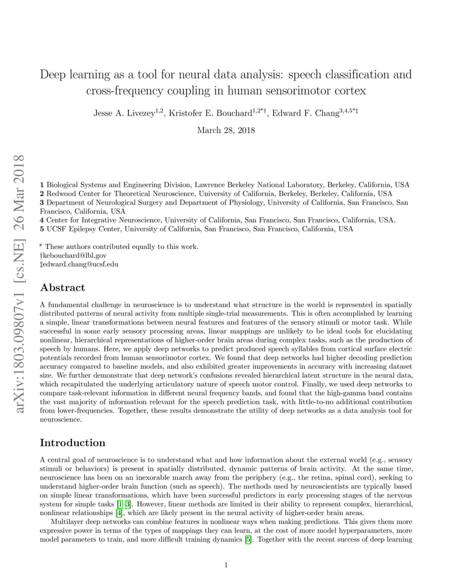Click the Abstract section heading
point(62,288)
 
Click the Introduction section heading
point(72,443)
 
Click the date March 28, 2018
point(225,130)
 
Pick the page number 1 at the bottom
point(226,565)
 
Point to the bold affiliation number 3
point(42,202)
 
